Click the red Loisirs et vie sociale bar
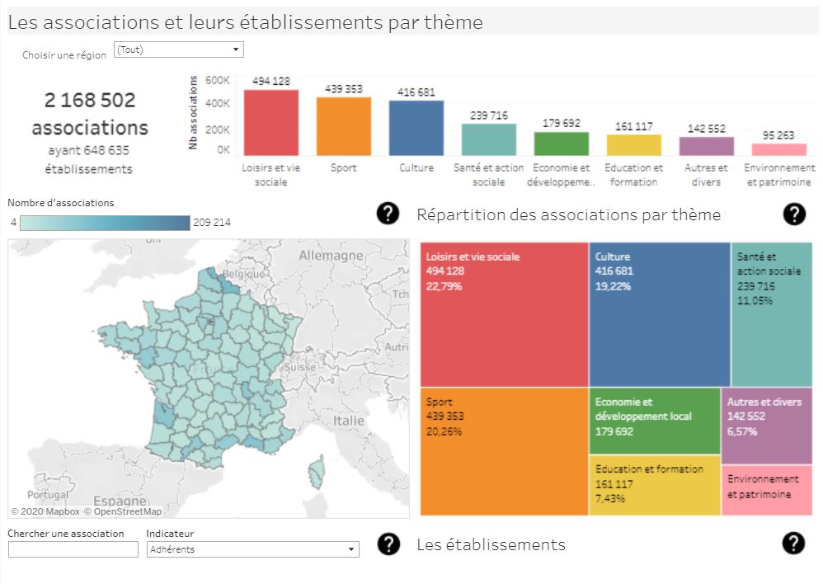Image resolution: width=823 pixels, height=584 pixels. point(270,122)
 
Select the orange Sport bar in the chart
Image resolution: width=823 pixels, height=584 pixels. point(343,126)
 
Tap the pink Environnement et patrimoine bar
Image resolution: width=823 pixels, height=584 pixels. point(778,149)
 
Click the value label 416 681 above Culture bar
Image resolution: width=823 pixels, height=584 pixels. point(416,92)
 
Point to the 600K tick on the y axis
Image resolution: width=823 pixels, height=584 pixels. point(218,81)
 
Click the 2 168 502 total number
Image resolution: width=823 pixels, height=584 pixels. point(90,100)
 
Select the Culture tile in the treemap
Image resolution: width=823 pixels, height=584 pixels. point(659,314)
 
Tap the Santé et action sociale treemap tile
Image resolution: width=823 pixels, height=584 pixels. point(771,314)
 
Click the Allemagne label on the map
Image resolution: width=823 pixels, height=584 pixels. point(331,256)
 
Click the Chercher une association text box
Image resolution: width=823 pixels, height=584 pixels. point(73,549)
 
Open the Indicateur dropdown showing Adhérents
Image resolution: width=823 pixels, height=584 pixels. point(252,549)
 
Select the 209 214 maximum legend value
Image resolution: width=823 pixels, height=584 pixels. point(211,222)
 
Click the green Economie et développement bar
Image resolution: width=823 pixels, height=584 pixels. point(561,144)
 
